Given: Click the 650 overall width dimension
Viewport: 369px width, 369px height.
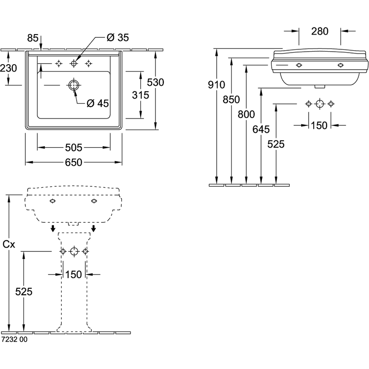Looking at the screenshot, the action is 73,162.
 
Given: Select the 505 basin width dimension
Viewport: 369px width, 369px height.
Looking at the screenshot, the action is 73,148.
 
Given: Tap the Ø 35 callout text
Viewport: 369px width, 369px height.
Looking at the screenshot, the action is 118,38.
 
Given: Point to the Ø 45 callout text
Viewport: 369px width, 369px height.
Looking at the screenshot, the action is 98,103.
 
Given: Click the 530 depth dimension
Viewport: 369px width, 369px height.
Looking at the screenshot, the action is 155,83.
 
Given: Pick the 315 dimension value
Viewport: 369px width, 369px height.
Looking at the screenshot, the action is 141,95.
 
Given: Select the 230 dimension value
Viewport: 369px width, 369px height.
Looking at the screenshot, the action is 8,68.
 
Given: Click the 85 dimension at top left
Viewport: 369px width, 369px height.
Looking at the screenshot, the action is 33,38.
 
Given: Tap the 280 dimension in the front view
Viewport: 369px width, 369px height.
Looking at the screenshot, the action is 320,31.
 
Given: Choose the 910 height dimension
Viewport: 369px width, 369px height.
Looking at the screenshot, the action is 216,85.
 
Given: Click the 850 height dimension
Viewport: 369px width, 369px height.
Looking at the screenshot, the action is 232,100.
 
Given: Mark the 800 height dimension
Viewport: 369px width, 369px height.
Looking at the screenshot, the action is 246,114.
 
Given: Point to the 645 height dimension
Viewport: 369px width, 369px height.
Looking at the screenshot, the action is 261,130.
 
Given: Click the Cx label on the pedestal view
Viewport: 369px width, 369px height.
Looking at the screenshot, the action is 9,244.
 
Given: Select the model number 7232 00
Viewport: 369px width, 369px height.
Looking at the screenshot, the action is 14,339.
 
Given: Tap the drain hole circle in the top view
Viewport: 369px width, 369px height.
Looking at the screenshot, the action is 74,85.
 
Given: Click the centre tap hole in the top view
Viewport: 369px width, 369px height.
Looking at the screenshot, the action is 74,63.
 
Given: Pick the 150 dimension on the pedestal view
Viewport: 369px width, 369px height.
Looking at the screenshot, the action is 73,274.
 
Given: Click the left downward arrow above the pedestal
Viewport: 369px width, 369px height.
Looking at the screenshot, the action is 53,228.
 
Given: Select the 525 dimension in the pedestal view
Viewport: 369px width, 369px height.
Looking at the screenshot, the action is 24,292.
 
